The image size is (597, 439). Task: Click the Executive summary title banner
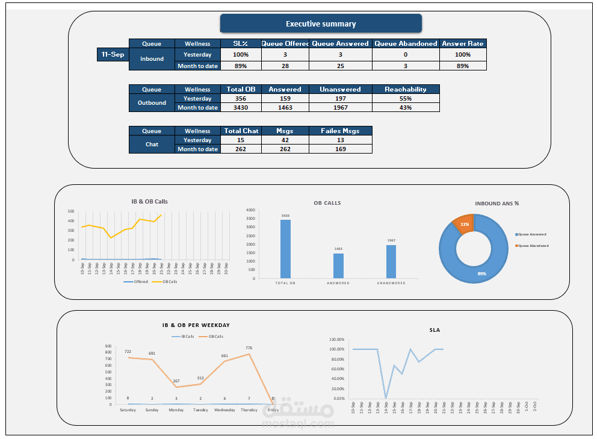321,24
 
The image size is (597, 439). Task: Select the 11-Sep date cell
113,54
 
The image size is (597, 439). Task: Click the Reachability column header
406,89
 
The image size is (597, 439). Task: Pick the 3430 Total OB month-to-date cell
241,107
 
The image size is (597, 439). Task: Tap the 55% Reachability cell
406,98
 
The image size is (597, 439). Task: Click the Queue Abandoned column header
406,43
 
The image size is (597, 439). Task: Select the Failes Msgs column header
341,131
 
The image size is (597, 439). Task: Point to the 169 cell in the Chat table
341,149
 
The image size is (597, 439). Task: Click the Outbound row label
152,103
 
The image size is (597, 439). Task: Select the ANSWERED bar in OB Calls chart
338,266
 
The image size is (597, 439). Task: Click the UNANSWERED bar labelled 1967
391,261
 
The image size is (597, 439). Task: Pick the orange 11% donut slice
464,223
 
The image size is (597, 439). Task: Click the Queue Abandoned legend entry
532,246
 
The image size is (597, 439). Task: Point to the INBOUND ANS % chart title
496,204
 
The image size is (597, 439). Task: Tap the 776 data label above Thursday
249,347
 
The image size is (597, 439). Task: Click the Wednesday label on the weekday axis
224,410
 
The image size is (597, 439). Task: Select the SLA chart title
435,330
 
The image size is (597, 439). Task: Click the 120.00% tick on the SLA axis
336,339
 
